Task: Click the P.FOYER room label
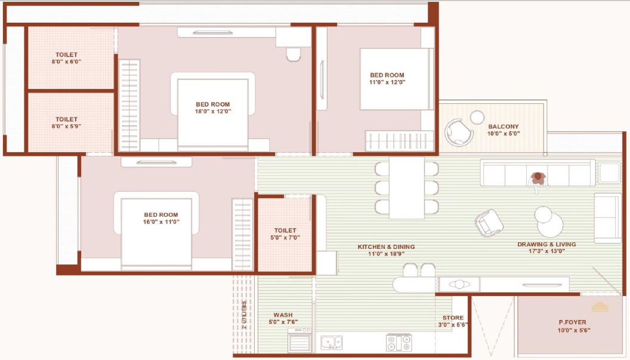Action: click(572, 322)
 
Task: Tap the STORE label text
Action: click(453, 318)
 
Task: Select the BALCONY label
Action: click(504, 127)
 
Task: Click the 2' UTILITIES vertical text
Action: click(244, 315)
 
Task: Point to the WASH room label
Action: click(283, 315)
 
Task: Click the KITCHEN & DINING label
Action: click(386, 247)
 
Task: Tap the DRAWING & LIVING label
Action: click(546, 244)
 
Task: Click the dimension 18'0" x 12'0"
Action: click(213, 112)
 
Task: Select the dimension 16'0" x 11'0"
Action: click(161, 221)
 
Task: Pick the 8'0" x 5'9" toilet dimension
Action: click(66, 127)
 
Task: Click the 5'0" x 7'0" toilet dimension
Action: click(285, 238)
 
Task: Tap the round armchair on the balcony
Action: click(458, 131)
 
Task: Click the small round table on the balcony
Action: click(477, 118)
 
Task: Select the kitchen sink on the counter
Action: click(332, 343)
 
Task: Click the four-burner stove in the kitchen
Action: click(399, 343)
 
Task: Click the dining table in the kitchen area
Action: click(407, 188)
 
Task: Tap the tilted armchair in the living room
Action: click(489, 223)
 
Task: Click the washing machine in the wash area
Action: click(299, 340)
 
